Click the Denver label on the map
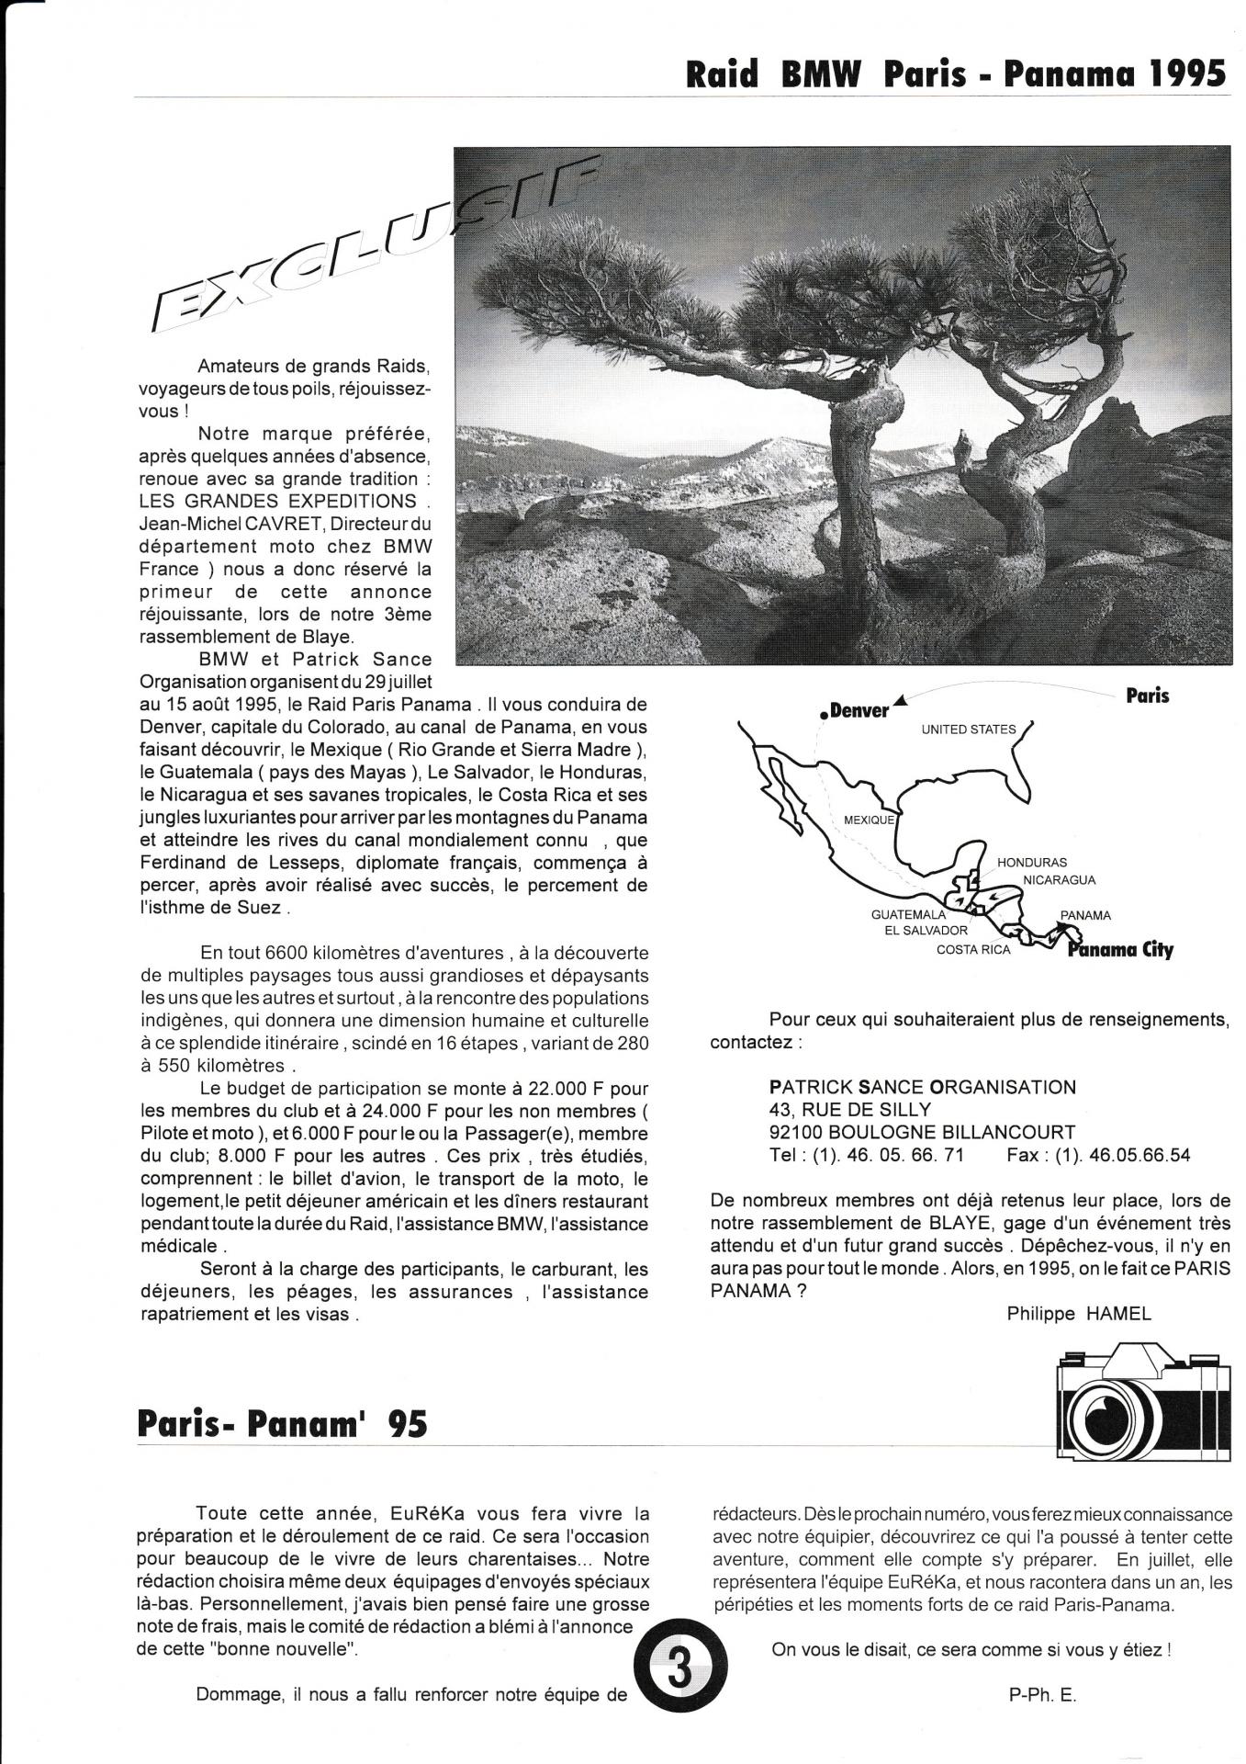(x=859, y=711)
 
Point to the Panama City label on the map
(x=1120, y=950)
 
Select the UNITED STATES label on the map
(x=969, y=729)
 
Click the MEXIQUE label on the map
(x=869, y=820)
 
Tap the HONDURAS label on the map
(x=1032, y=863)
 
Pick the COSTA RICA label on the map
(x=973, y=950)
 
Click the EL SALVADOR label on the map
(x=920, y=931)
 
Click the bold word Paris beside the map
(x=1148, y=695)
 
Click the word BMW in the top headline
(x=820, y=73)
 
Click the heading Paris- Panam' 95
(x=282, y=1424)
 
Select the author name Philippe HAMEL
(x=1079, y=1314)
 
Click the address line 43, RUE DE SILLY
(x=850, y=1110)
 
